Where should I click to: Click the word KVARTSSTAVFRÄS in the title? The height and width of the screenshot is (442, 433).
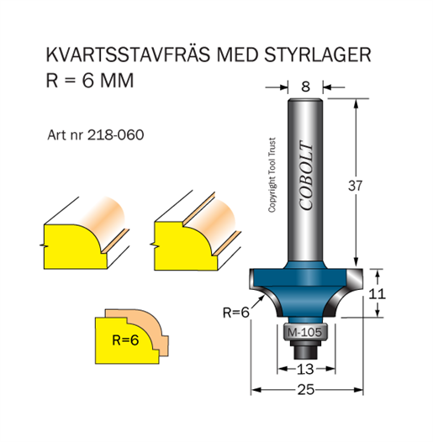(x=128, y=54)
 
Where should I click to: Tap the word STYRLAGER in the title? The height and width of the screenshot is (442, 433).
(x=317, y=55)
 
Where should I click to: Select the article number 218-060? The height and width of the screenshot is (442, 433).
(x=116, y=135)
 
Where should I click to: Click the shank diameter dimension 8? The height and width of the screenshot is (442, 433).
(x=305, y=87)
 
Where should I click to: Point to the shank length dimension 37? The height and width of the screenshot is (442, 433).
(x=355, y=186)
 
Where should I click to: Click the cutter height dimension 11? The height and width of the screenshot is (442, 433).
(x=378, y=294)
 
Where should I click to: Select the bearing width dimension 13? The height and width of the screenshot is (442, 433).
(x=305, y=369)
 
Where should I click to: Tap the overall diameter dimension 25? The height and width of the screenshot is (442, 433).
(x=306, y=390)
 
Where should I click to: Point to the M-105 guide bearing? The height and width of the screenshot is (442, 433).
(x=304, y=333)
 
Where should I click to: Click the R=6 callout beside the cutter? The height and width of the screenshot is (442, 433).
(x=236, y=313)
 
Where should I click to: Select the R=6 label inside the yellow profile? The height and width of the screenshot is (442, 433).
(x=125, y=340)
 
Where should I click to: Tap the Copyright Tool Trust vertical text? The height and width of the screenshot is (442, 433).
(x=272, y=175)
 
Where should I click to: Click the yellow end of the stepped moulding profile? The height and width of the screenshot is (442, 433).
(x=185, y=245)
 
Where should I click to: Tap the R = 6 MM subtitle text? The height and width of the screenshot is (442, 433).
(x=90, y=81)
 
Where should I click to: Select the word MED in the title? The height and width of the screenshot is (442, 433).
(x=237, y=55)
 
